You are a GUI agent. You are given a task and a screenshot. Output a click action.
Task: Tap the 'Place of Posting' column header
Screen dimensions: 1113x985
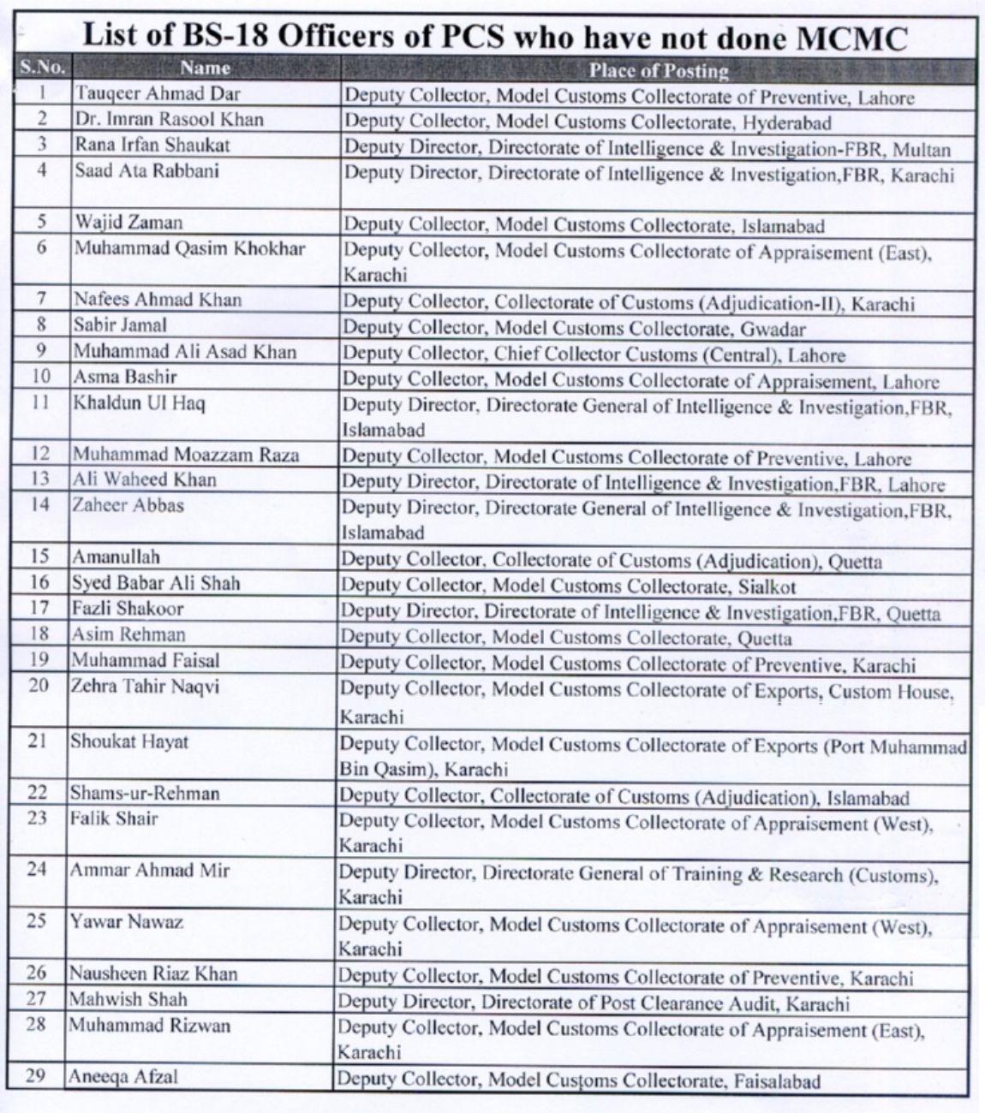click(658, 70)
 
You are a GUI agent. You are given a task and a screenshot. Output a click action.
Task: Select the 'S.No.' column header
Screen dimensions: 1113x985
click(42, 67)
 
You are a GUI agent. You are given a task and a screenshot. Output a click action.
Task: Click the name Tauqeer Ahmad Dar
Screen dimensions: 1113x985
click(157, 93)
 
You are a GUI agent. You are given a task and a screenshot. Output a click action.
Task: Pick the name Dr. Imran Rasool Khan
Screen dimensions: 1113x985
click(168, 119)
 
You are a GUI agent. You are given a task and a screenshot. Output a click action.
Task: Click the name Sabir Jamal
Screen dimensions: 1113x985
click(120, 325)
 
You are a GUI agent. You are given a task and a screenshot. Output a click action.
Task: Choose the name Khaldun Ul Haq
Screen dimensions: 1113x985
click(139, 402)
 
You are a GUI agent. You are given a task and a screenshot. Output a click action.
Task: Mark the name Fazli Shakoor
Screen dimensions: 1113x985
click(127, 609)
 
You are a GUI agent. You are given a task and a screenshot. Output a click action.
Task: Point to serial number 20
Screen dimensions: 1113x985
click(39, 685)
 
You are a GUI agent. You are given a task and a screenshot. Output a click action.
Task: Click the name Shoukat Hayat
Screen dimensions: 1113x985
click(129, 741)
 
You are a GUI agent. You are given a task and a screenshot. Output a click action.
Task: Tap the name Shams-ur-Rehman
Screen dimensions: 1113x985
click(144, 794)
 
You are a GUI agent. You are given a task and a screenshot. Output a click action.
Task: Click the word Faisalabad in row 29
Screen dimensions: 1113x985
click(777, 1081)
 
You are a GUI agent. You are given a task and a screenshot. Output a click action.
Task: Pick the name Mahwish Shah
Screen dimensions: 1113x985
click(128, 999)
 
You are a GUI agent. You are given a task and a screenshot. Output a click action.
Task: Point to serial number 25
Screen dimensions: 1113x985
click(36, 922)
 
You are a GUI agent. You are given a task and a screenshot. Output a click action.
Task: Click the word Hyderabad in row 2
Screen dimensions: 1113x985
click(787, 123)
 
